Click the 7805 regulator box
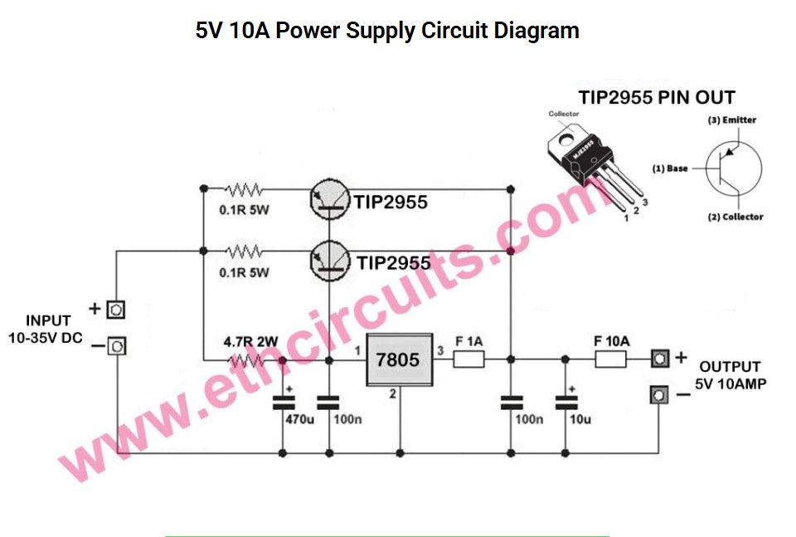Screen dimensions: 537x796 coord(400,359)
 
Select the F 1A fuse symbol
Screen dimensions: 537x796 coord(470,359)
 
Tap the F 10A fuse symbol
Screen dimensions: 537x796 coord(612,359)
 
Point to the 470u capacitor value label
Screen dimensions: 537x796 coord(299,420)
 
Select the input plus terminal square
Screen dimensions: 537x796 coord(117,310)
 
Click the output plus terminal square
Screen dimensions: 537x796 coord(659,359)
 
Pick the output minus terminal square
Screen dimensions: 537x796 coord(659,395)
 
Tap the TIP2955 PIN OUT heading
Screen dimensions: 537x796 coord(657,96)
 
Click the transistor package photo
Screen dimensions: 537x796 coord(593,162)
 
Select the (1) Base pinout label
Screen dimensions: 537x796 coord(670,168)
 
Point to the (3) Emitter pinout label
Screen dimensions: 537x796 coord(731,120)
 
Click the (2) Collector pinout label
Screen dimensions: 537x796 coord(735,217)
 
